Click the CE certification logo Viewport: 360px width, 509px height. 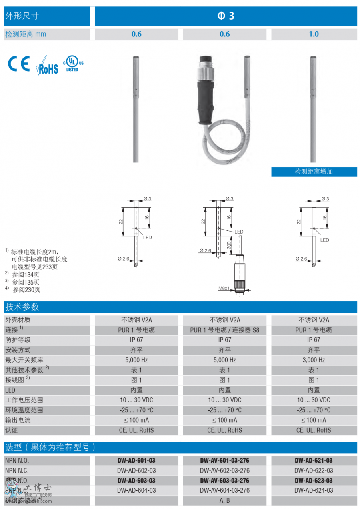pos(19,64)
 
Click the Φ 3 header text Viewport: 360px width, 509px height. pos(226,16)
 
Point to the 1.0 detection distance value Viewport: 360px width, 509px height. pos(314,34)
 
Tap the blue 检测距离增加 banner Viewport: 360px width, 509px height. pos(314,172)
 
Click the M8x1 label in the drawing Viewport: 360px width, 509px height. pos(224,288)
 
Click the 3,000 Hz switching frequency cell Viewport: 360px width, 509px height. pos(314,360)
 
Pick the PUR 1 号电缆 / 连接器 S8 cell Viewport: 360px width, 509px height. pos(225,330)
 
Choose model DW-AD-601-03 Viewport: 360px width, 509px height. pos(136,461)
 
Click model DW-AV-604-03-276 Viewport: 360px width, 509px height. pos(225,490)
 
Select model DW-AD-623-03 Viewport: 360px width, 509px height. pos(314,480)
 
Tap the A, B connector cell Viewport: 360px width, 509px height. pos(225,500)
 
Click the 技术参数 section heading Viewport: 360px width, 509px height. pos(22,307)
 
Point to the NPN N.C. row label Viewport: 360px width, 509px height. pos(17,471)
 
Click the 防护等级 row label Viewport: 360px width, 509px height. pos(18,340)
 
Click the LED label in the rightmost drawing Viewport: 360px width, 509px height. pos(325,240)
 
